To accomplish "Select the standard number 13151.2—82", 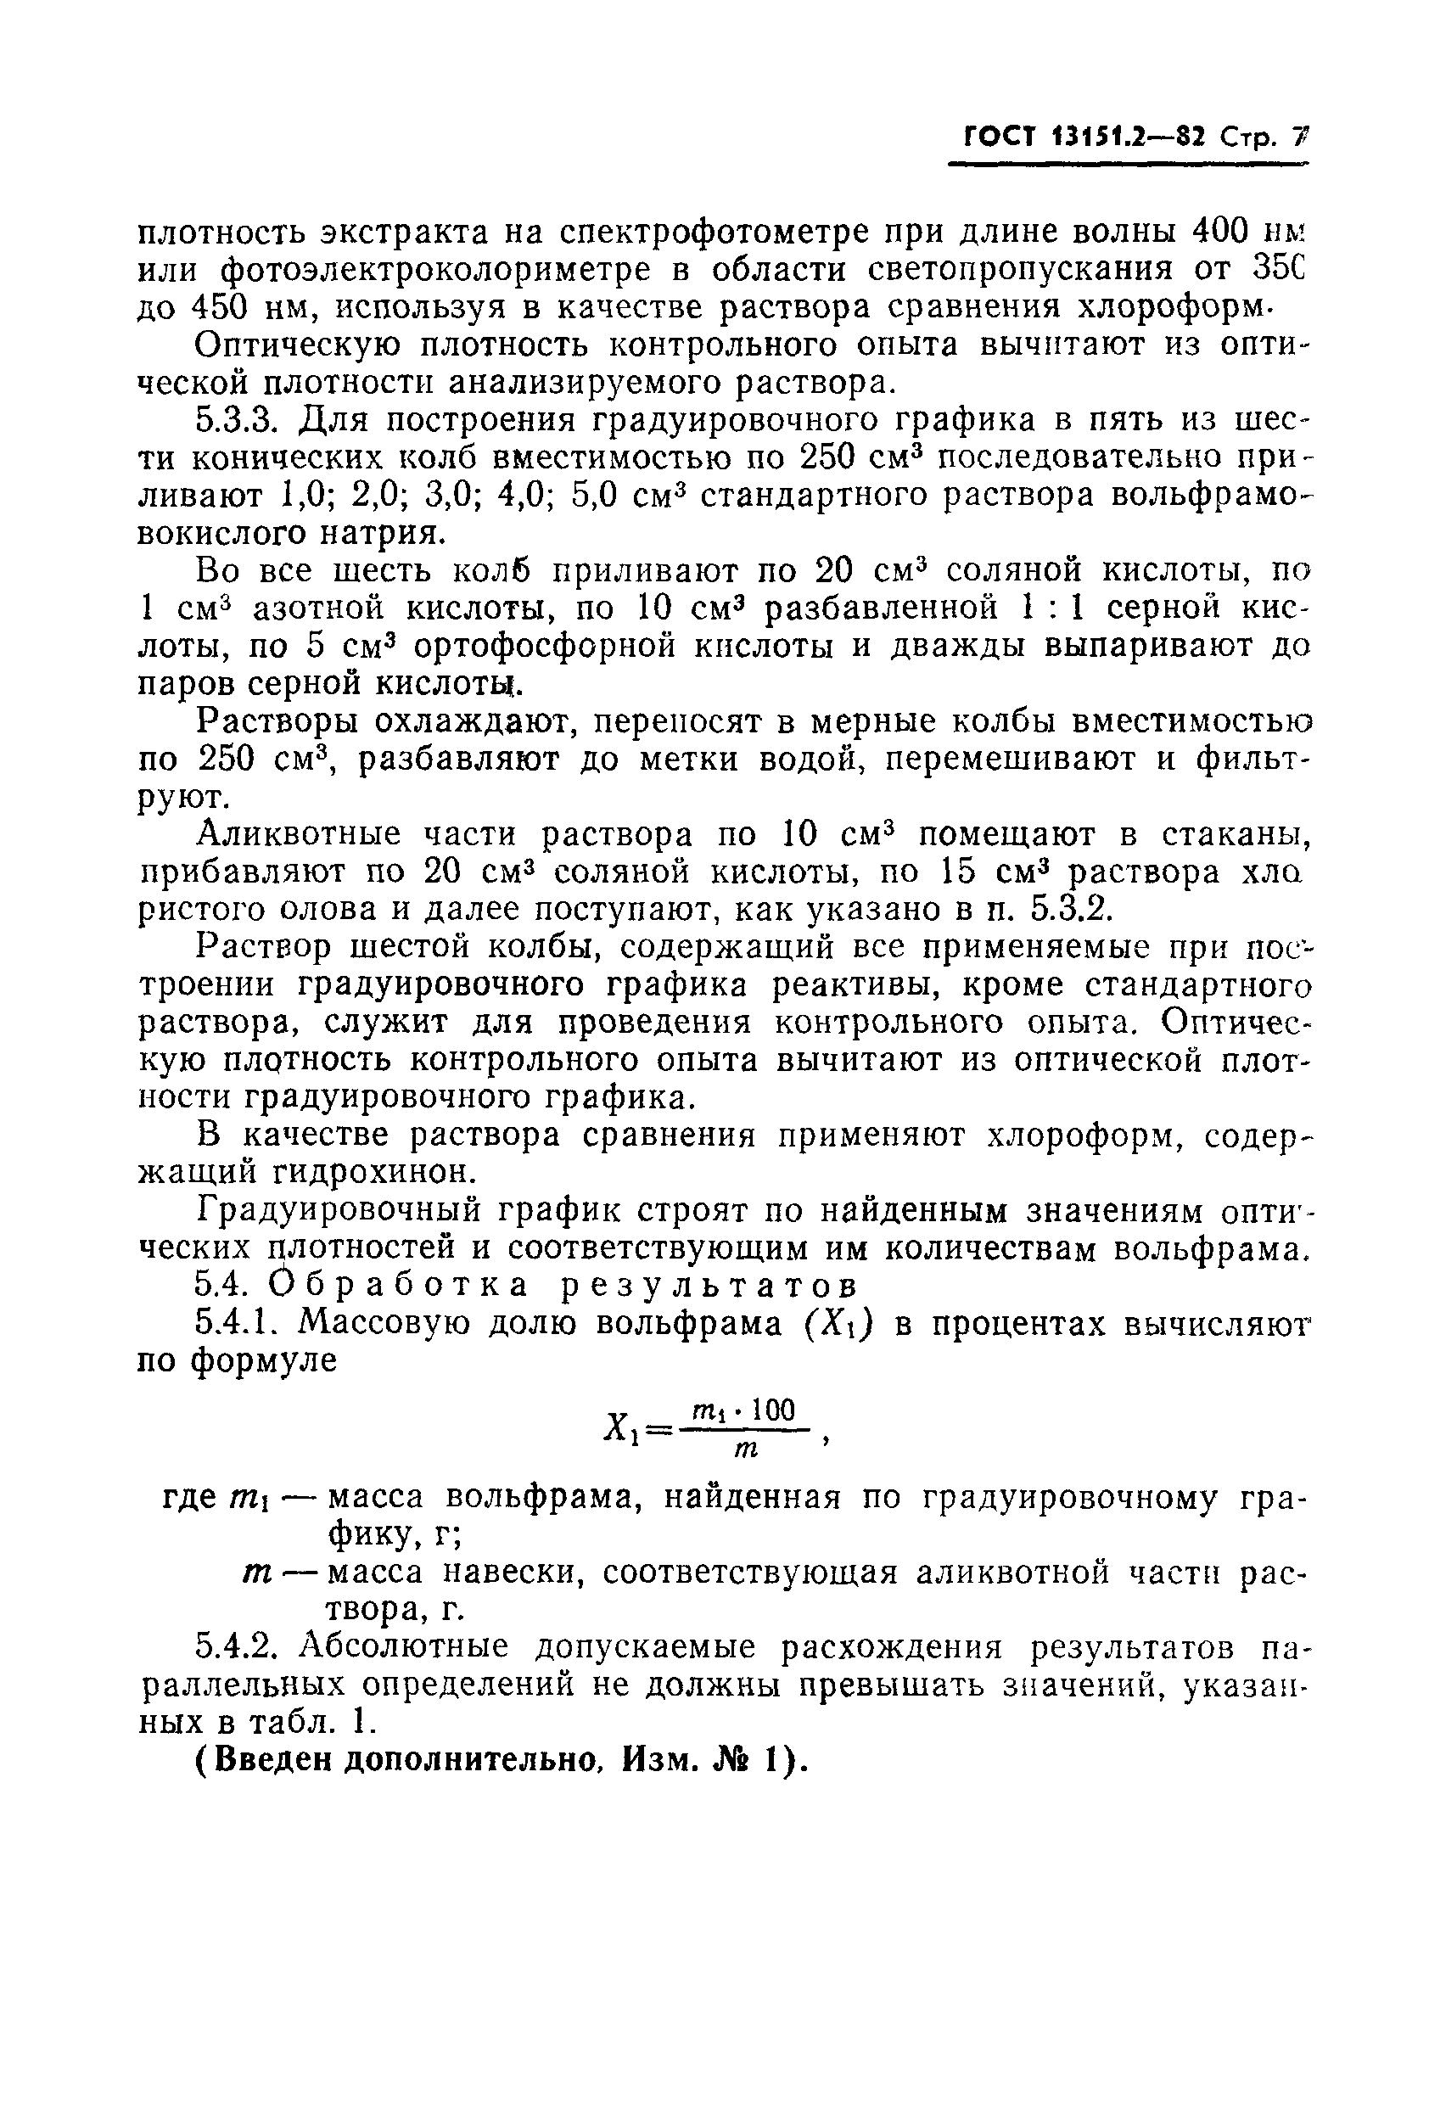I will pos(1129,138).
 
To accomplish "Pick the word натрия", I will pos(384,533).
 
